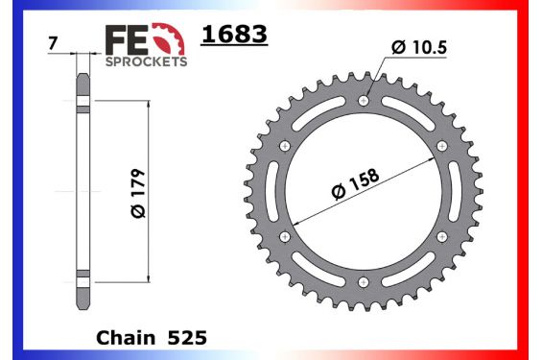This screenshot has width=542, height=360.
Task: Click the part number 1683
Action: [x=233, y=36]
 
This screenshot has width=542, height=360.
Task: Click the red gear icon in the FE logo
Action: [x=171, y=38]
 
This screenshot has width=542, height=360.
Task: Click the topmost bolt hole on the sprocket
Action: [x=362, y=100]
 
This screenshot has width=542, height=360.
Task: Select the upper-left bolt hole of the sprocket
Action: [x=284, y=145]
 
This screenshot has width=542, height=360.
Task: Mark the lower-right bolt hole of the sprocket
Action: [x=440, y=236]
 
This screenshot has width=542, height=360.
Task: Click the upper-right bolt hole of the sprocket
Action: [x=440, y=145]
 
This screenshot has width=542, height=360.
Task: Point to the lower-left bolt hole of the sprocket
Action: [x=284, y=236]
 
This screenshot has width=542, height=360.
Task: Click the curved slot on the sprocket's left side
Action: [x=272, y=191]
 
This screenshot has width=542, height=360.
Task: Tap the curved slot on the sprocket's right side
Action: [x=452, y=191]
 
